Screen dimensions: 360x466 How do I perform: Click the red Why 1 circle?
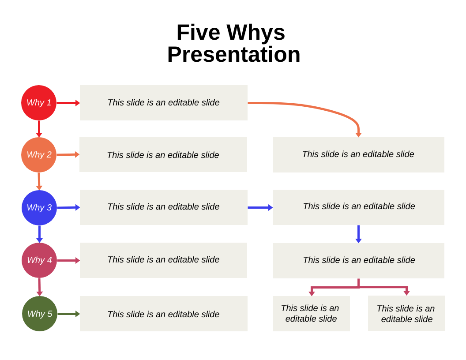pos(39,103)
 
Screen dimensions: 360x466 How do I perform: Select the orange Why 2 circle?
pos(39,155)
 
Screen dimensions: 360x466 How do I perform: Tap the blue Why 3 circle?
pos(39,208)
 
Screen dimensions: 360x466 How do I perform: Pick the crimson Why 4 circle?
pos(39,260)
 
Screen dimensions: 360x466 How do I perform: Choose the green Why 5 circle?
pos(40,314)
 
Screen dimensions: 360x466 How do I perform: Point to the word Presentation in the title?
pos(233,55)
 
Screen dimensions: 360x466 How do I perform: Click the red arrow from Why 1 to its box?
pos(68,103)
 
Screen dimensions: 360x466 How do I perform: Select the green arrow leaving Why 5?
pos(68,314)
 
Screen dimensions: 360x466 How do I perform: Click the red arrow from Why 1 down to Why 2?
pos(39,128)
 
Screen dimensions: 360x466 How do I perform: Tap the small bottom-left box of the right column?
pos(311,313)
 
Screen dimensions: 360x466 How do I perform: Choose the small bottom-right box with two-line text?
pos(406,313)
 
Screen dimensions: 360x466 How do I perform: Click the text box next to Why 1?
pos(163,103)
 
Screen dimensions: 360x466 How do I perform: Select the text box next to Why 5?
pos(163,314)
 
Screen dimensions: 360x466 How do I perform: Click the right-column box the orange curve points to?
pos(358,154)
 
